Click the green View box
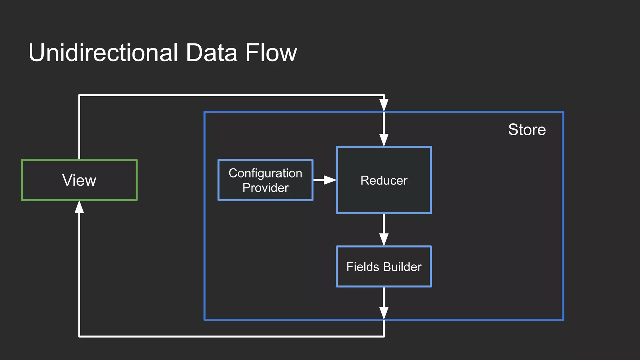point(79,180)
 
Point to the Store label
point(527,129)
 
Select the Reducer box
point(384,180)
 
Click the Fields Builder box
point(384,267)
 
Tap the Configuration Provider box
point(265,180)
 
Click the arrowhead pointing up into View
point(79,207)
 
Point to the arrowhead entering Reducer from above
point(384,140)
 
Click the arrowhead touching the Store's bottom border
point(384,313)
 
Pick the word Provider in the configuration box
point(265,188)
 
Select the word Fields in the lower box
point(362,267)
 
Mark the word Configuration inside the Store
point(265,173)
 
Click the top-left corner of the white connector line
point(79,95)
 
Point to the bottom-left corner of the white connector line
point(79,336)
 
